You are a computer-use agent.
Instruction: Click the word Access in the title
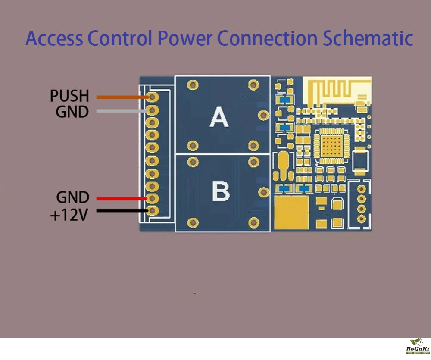click(x=54, y=38)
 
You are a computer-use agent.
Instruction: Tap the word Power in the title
click(x=184, y=38)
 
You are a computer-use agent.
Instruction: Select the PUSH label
click(x=69, y=96)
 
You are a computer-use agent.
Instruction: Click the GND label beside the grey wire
click(x=72, y=112)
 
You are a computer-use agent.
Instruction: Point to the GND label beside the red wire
click(x=72, y=198)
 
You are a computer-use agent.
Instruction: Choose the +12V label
click(x=69, y=214)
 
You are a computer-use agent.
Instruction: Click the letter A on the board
click(x=219, y=117)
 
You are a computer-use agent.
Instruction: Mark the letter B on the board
click(x=221, y=191)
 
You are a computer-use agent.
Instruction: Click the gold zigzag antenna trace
click(x=337, y=91)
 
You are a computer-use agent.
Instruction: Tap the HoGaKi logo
click(x=417, y=347)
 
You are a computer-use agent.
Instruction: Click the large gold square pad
click(x=292, y=212)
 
